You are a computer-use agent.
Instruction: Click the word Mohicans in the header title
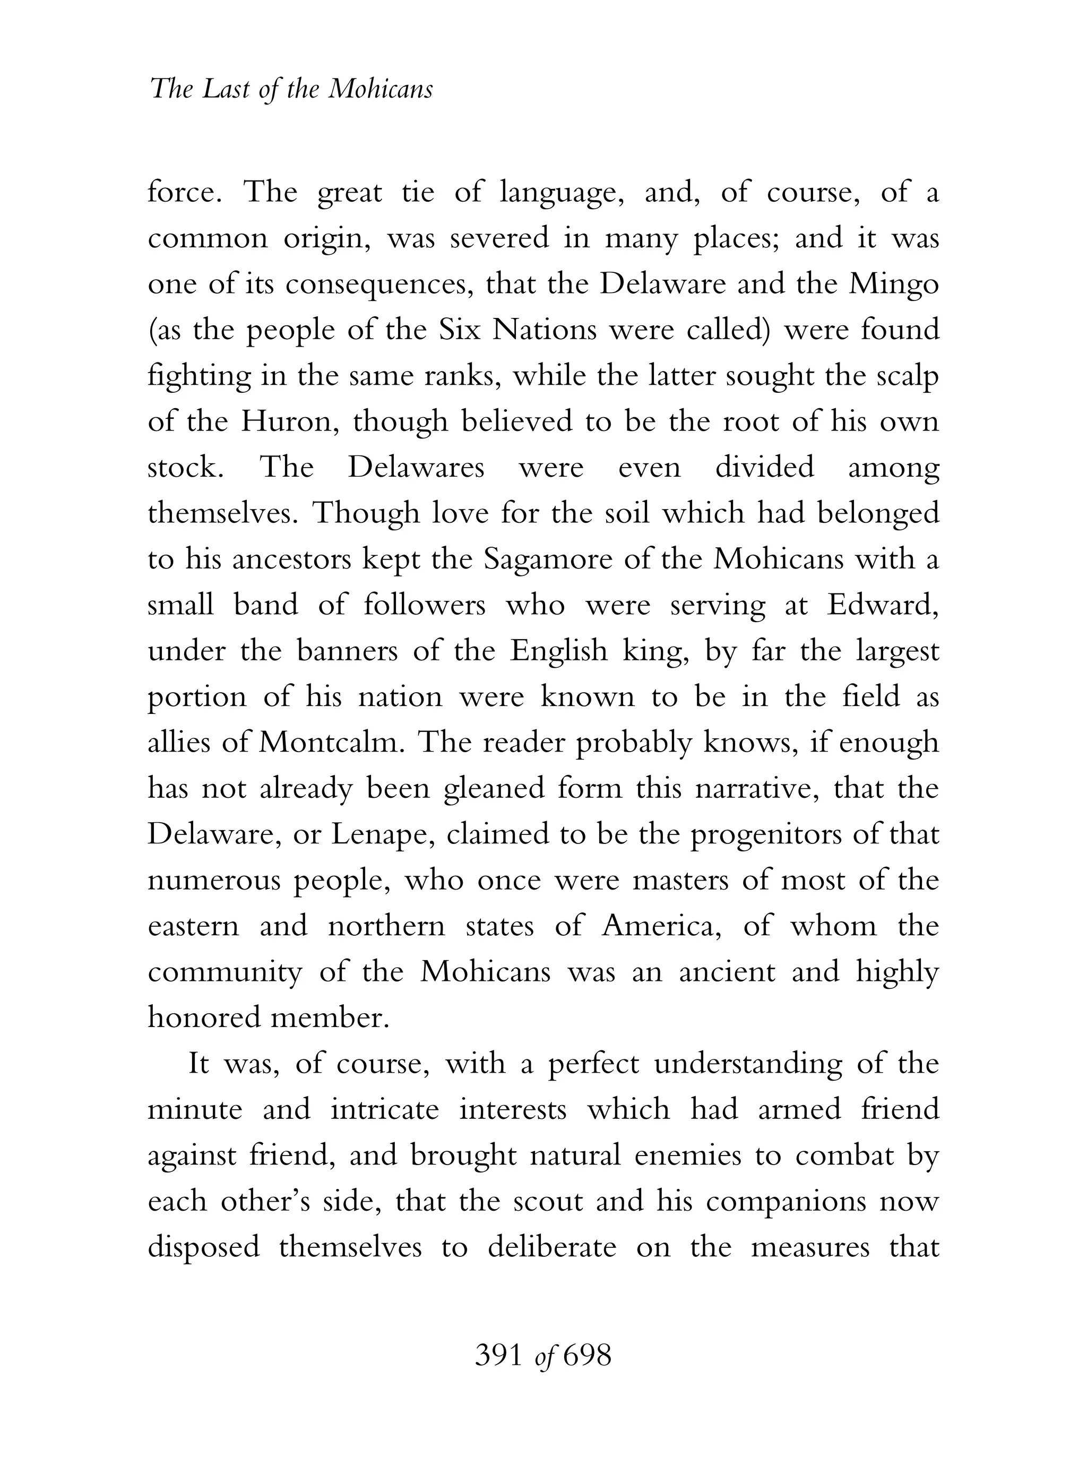click(x=381, y=89)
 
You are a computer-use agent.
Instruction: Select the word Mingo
click(x=894, y=285)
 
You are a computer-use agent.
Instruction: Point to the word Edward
click(x=882, y=605)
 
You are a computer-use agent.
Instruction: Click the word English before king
click(x=559, y=651)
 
